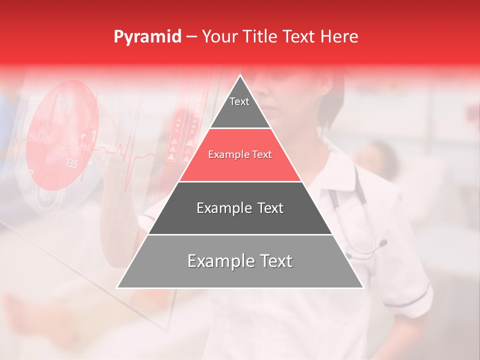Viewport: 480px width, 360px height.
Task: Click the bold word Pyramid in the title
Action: [147, 37]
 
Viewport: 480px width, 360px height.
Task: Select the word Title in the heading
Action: [262, 36]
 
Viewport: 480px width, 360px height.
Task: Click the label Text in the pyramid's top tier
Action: [239, 101]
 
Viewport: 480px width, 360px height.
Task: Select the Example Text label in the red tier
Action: [240, 154]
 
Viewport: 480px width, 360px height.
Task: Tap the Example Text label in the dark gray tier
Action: [240, 208]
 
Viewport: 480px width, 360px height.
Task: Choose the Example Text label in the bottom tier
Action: [240, 261]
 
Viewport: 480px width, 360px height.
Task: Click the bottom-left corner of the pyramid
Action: [117, 287]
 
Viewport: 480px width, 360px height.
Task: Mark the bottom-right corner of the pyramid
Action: [363, 287]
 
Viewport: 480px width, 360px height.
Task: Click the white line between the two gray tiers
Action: [240, 234]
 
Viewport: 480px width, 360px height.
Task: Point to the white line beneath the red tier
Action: [240, 181]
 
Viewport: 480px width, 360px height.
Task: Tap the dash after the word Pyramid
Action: [191, 37]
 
